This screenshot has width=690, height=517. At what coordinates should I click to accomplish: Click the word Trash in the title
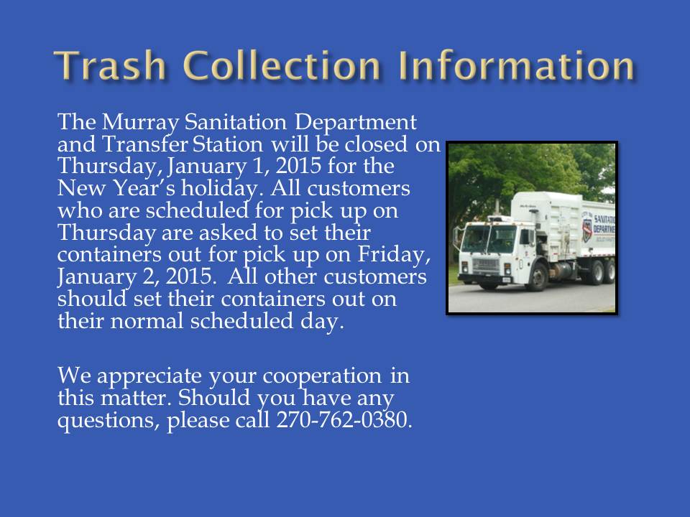(111, 65)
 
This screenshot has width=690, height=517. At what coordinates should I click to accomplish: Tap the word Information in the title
(516, 65)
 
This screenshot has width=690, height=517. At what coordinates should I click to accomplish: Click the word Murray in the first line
(140, 123)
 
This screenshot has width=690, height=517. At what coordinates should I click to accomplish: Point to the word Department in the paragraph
(356, 123)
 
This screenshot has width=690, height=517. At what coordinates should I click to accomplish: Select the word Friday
(393, 254)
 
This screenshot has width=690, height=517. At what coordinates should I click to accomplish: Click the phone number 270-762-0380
(344, 420)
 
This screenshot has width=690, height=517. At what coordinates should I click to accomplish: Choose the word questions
(108, 421)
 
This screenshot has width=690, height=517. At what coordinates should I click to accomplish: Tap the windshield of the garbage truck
(489, 238)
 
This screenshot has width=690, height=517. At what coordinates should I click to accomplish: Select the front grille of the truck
(485, 265)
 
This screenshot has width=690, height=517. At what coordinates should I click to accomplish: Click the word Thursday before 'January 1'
(106, 167)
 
